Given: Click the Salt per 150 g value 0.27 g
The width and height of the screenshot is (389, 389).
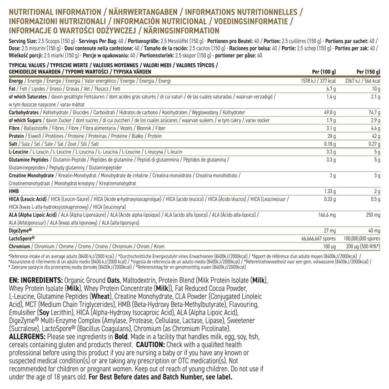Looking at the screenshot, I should click(x=373, y=143).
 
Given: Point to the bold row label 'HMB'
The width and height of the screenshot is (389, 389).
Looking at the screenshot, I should click(x=14, y=191).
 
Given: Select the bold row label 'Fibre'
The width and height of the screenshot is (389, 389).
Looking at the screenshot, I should click(x=16, y=128).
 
